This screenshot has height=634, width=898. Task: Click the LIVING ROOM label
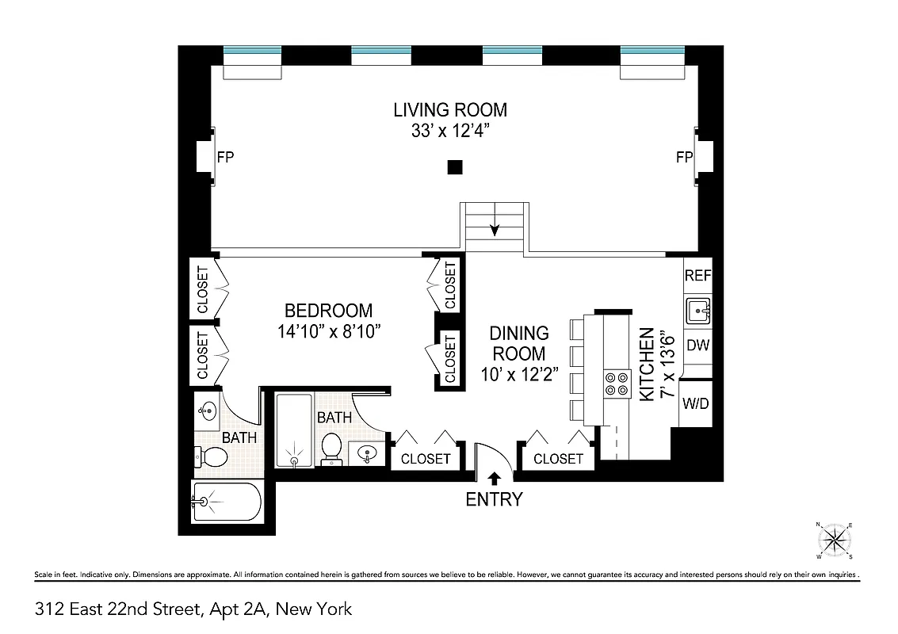450,110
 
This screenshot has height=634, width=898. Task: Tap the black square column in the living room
454,166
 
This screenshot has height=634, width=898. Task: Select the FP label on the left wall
225,157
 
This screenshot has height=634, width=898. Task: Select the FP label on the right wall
684,157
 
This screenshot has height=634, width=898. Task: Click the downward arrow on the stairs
495,227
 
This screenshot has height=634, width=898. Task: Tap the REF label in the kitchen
697,277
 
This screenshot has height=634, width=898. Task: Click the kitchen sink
697,311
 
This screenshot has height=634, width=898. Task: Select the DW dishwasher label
697,346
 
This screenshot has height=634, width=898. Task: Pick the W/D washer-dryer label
696,403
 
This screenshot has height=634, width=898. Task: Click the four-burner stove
616,384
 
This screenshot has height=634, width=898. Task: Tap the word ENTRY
494,499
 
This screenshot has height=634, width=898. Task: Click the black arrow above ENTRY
494,478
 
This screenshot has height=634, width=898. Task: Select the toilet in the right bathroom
331,449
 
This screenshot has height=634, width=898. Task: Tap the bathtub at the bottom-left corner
227,501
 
